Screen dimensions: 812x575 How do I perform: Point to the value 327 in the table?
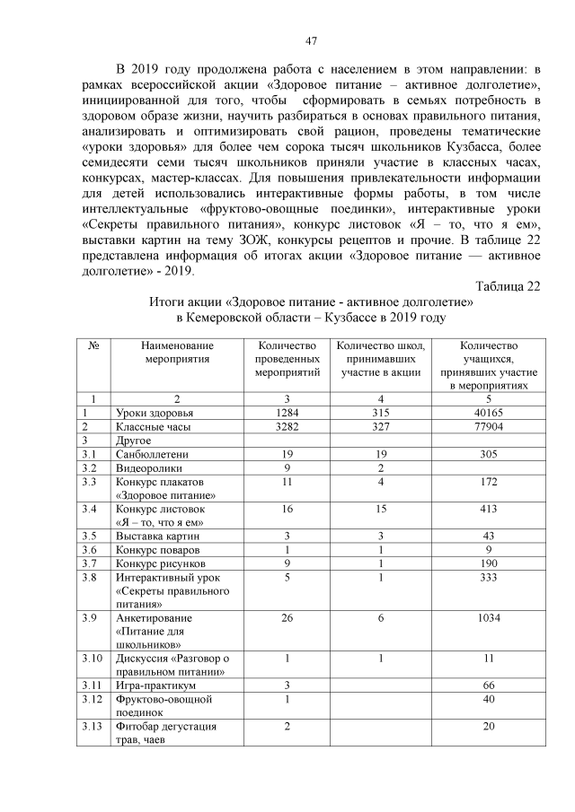(382, 426)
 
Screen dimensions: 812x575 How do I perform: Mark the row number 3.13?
(92, 726)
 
